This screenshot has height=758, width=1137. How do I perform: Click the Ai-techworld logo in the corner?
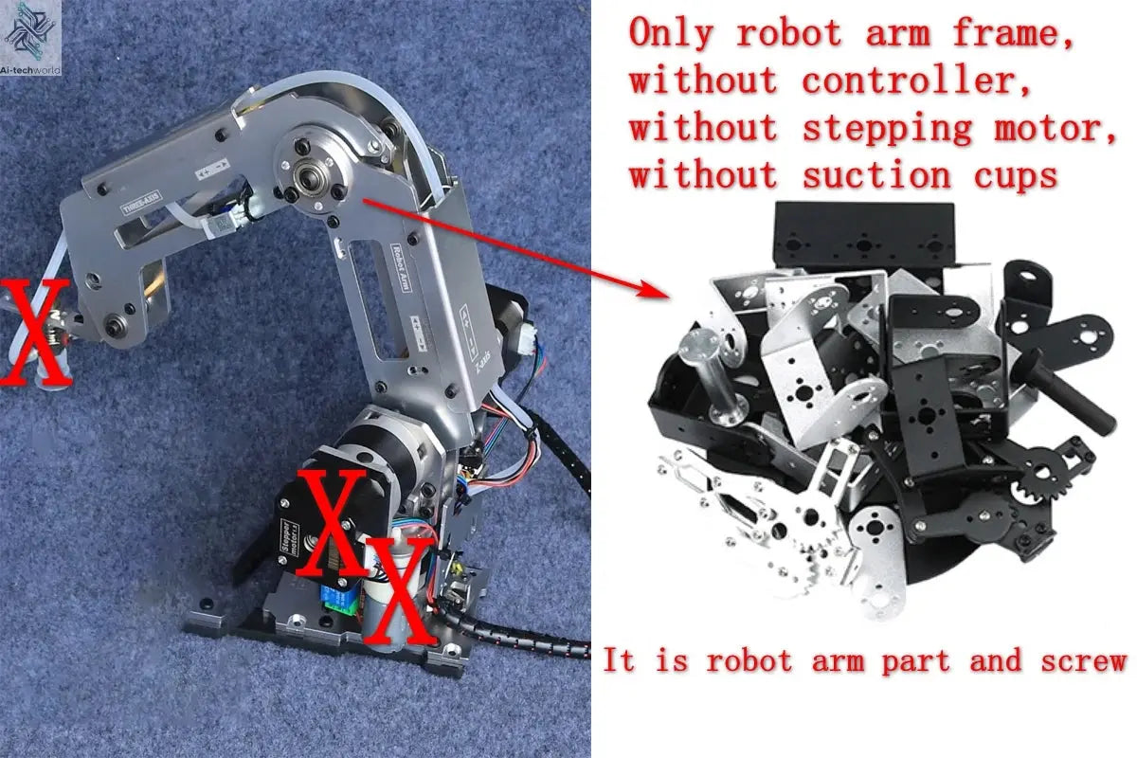(31, 27)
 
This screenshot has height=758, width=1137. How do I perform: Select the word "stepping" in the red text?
(887, 128)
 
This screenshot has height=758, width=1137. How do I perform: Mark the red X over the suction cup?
(34, 331)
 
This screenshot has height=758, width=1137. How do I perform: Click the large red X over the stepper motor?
(332, 521)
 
